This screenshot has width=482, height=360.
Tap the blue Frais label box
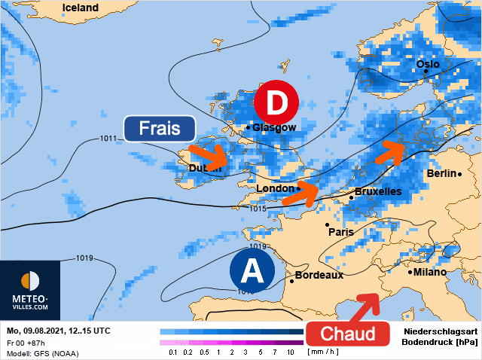[x=160, y=128]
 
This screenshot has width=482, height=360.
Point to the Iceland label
[x=80, y=8]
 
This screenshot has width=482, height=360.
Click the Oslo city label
[x=427, y=64]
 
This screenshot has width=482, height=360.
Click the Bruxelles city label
[x=377, y=192]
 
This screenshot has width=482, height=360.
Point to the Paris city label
[x=340, y=232]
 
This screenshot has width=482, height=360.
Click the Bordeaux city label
[x=319, y=276]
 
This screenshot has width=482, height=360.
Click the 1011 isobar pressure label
[x=109, y=139]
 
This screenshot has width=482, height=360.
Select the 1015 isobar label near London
[x=258, y=209]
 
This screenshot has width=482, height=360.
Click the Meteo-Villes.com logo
[x=30, y=290]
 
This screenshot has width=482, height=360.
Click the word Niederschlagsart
[x=440, y=331]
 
